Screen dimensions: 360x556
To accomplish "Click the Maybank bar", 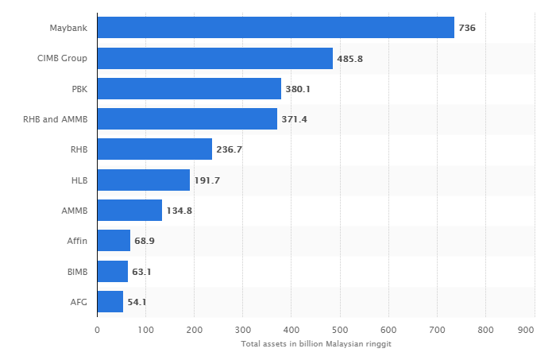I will pyautogui.click(x=276, y=28).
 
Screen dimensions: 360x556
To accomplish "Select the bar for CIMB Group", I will pyautogui.click(x=215, y=58).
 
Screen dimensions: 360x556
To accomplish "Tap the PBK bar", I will pyautogui.click(x=189, y=88).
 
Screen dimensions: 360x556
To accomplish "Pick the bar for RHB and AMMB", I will pyautogui.click(x=187, y=119).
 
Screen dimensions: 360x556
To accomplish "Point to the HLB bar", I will pyautogui.click(x=144, y=180).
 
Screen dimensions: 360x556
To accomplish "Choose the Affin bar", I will pyautogui.click(x=114, y=241).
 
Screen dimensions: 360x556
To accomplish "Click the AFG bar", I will pyautogui.click(x=110, y=302).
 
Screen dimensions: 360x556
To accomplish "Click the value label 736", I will pyautogui.click(x=467, y=28).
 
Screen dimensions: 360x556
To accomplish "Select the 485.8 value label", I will pyautogui.click(x=350, y=58).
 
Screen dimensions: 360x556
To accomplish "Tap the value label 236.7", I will pyautogui.click(x=230, y=149).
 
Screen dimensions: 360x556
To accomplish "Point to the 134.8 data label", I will pyautogui.click(x=180, y=211).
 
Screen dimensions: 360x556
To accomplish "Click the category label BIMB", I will pyautogui.click(x=77, y=272).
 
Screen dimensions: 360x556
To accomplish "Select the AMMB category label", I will pyautogui.click(x=75, y=211).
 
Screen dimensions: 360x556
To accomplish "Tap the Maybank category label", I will pyautogui.click(x=69, y=28).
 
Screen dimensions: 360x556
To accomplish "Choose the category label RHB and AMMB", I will pyautogui.click(x=56, y=119).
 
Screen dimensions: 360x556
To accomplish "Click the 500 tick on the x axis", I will pyautogui.click(x=340, y=329).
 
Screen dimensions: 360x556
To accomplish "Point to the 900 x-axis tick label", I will pyautogui.click(x=525, y=329).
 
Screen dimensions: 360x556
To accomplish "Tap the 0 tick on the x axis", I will pyautogui.click(x=98, y=329).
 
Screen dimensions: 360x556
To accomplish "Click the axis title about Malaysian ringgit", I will pyautogui.click(x=316, y=343).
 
